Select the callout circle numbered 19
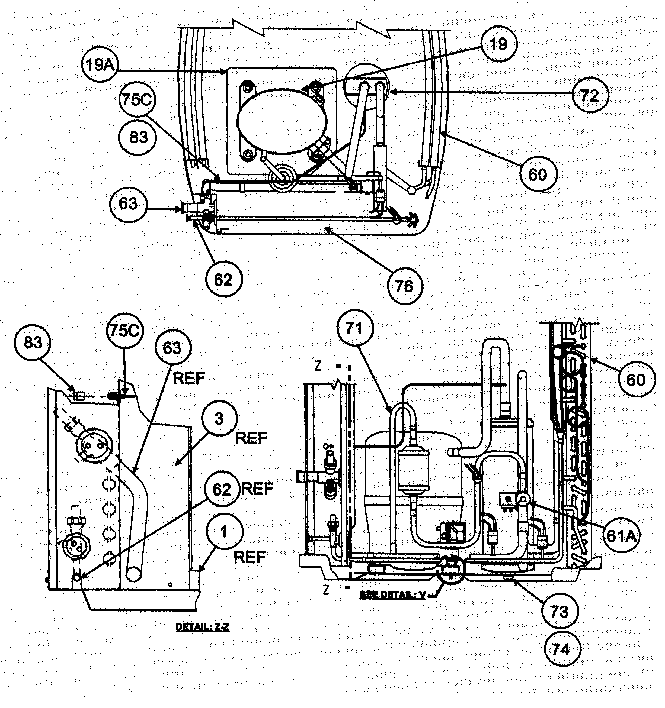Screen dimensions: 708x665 coord(498,44)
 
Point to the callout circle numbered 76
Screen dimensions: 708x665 coord(404,286)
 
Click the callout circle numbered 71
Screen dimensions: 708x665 coord(354,329)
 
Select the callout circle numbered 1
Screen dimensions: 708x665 coord(223,532)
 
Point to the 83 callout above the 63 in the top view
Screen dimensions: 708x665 coord(138,137)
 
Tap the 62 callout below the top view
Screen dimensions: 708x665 coord(223,280)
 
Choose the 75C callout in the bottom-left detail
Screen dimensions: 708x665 coord(124,331)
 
